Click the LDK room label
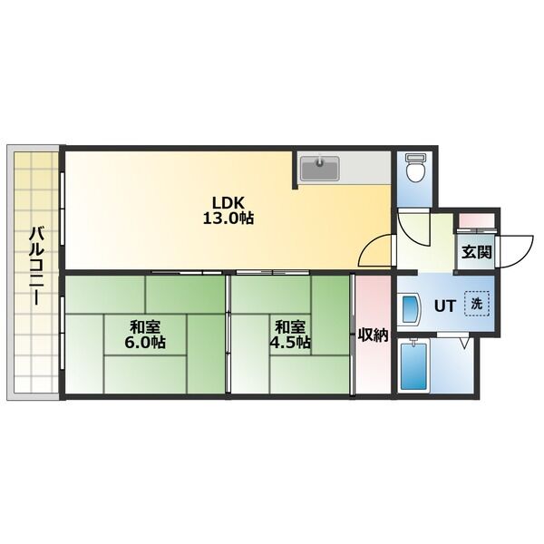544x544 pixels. [x=228, y=201]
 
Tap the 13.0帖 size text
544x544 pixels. [x=228, y=219]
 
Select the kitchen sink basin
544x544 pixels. [x=319, y=169]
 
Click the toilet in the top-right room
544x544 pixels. [x=415, y=168]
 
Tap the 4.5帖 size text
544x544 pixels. [x=290, y=343]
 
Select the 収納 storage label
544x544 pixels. [x=373, y=335]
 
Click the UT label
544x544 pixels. [x=444, y=306]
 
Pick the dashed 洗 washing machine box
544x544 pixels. [x=477, y=304]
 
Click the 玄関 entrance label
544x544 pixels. [x=477, y=252]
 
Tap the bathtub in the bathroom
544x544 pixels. [x=413, y=366]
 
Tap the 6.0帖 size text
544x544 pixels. [x=145, y=343]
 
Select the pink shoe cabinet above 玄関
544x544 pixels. [x=476, y=221]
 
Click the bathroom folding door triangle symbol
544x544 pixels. [x=464, y=342]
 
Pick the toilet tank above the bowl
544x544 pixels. [x=415, y=158]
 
